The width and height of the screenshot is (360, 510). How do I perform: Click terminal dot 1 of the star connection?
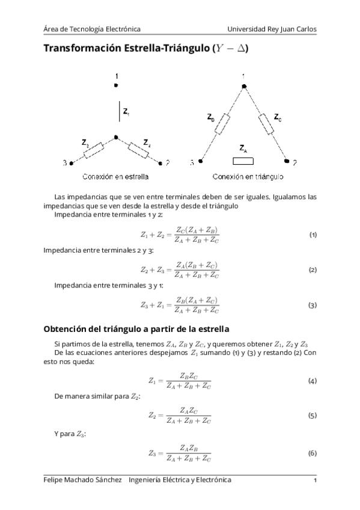click(116, 87)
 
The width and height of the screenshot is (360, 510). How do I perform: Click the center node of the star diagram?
click(116, 137)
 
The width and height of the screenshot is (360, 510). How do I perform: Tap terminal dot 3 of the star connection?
click(72, 162)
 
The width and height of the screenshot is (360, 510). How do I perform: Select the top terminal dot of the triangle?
click(244, 87)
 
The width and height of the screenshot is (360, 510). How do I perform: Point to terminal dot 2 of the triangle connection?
click(288, 162)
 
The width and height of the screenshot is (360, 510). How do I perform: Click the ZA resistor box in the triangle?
click(242, 161)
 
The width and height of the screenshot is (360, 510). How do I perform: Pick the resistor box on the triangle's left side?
click(222, 124)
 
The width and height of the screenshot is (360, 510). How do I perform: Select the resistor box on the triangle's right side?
click(266, 124)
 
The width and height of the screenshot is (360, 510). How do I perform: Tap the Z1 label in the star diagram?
click(126, 111)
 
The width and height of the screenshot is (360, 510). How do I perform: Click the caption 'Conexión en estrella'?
click(115, 177)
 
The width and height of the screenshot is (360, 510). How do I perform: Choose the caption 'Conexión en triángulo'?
click(248, 177)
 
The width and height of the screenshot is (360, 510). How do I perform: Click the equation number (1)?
click(313, 234)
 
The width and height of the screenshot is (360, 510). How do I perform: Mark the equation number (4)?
click(313, 381)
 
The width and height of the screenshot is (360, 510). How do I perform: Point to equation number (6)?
click(313, 453)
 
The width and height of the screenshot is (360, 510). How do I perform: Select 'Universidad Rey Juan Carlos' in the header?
click(272, 29)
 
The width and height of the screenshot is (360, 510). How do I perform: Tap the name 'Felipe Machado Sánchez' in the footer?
click(82, 480)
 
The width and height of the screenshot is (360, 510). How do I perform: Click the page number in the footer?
click(315, 481)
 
